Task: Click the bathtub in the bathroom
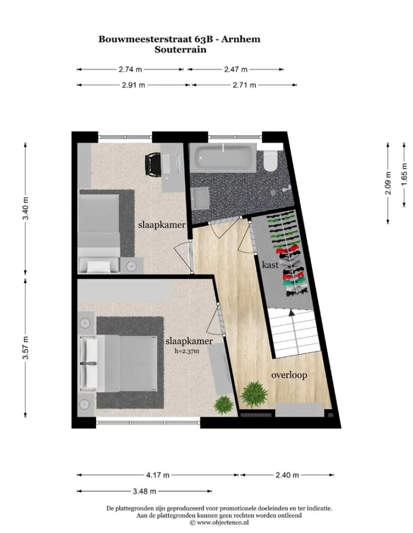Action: pyautogui.click(x=225, y=158)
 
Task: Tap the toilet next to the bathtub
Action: pyautogui.click(x=271, y=161)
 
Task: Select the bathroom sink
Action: pyautogui.click(x=200, y=198)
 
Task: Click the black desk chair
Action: pyautogui.click(x=153, y=164)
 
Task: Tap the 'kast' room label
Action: pyautogui.click(x=270, y=265)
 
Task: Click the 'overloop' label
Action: pyautogui.click(x=288, y=375)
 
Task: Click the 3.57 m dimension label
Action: pyautogui.click(x=27, y=347)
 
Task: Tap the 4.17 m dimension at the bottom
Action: pyautogui.click(x=158, y=475)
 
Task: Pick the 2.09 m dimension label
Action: pyautogui.click(x=388, y=183)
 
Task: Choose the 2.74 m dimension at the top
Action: pyautogui.click(x=130, y=69)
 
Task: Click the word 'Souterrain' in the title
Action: pyautogui.click(x=179, y=49)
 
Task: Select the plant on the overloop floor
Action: pyautogui.click(x=253, y=393)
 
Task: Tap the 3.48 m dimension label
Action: pyautogui.click(x=145, y=491)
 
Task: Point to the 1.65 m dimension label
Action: pyautogui.click(x=404, y=183)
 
